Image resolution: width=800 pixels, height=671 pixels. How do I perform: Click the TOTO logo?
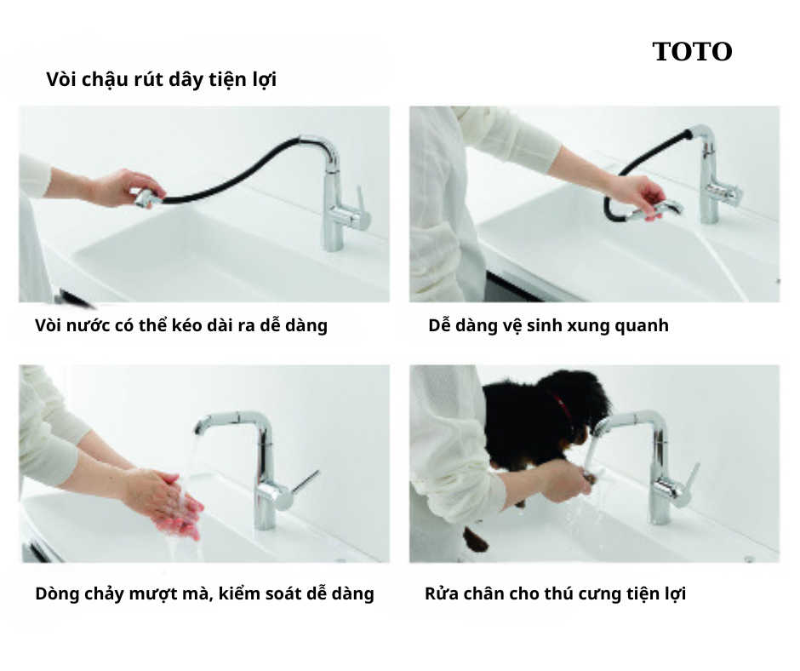tap(693, 52)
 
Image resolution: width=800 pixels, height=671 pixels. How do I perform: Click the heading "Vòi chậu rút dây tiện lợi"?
tap(161, 79)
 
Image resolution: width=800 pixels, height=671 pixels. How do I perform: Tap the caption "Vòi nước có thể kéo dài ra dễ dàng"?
tap(181, 325)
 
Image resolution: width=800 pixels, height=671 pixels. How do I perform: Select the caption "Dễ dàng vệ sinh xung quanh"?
tap(548, 325)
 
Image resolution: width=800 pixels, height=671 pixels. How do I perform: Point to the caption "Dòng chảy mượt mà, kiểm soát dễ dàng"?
tap(204, 594)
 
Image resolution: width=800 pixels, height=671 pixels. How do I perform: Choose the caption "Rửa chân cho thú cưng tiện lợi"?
tap(555, 594)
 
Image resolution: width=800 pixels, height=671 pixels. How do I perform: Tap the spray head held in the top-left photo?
tap(147, 198)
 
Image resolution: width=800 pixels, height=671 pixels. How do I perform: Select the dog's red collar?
tap(560, 406)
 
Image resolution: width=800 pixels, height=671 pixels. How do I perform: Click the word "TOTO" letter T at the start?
tap(662, 52)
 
